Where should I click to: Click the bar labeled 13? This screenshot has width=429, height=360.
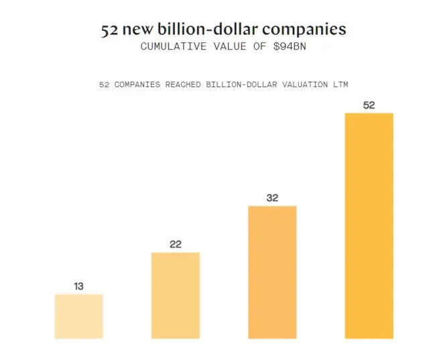78,316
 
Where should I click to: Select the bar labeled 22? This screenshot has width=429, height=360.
176,296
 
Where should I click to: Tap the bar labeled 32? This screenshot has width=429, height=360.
272,272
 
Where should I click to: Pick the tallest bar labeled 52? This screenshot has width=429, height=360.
369,226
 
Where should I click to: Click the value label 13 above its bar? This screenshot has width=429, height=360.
78,286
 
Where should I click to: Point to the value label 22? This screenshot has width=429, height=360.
176,245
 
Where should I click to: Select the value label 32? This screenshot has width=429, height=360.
272,198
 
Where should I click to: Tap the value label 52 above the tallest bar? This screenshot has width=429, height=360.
369,105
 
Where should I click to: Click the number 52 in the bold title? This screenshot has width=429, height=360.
111,30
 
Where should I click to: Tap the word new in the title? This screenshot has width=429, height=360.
139,30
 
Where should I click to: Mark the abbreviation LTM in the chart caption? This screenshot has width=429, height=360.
339,84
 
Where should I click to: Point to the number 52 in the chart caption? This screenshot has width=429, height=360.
103,84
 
